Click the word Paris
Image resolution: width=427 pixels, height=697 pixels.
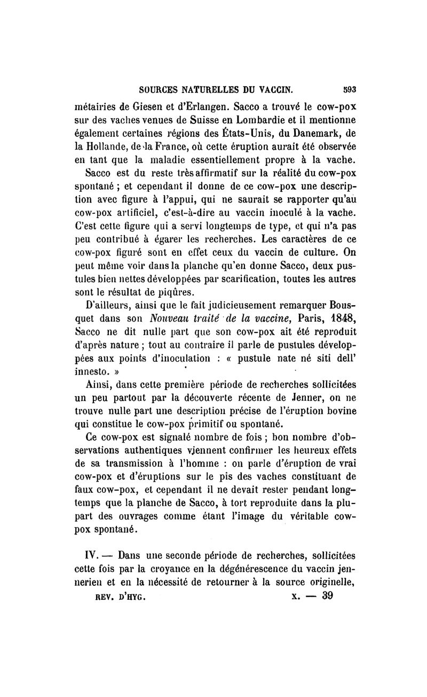click(x=291, y=320)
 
